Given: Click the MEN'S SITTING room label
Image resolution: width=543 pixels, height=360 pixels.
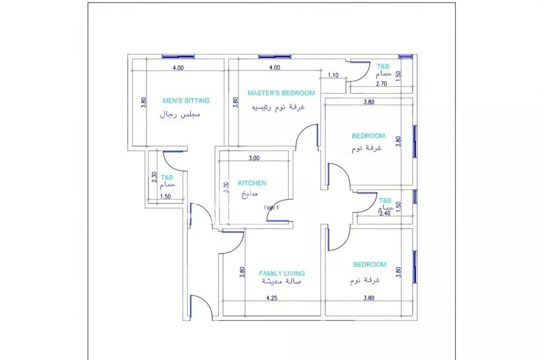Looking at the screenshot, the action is tap(186, 101).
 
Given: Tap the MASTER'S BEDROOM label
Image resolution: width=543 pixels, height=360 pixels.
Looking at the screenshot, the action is tap(281, 93).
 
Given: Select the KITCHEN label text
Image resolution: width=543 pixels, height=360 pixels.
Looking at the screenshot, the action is tap(252, 183).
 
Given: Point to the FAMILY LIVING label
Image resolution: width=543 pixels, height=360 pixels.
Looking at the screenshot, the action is tap(282, 274).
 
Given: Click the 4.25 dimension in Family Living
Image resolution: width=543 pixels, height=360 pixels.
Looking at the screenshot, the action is tap(272, 298).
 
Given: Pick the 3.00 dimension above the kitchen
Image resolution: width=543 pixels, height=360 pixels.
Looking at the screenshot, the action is tap(254, 158).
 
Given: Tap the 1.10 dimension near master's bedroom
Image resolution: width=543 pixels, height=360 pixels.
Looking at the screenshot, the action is tap(333, 75).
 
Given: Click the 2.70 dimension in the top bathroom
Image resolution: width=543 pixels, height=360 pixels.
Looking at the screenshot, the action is tap(381, 84).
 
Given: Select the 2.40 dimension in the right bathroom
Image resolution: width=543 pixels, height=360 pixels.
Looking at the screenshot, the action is tap(385, 213).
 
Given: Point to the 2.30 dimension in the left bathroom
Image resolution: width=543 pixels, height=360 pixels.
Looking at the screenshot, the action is tap(154, 177).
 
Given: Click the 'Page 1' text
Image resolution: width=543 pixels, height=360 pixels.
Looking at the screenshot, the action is tap(271, 207).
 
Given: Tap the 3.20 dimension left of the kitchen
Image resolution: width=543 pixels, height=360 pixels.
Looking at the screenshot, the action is tap(226, 187).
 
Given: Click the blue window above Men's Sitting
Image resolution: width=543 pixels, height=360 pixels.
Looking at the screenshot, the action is tap(178, 56).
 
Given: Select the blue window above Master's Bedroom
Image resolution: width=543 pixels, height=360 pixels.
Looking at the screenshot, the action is tap(275, 56).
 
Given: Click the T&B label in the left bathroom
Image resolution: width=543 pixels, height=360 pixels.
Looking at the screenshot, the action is tap(167, 178).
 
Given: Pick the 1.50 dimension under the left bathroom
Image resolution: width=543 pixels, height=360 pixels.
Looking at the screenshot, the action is tap(166, 196).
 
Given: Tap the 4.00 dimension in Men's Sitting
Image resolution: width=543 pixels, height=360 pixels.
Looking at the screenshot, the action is tap(178, 68).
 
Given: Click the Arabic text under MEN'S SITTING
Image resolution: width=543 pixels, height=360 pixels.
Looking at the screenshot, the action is tap(180, 115).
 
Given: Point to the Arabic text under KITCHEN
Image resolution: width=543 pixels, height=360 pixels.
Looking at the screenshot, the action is tap(250, 194).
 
